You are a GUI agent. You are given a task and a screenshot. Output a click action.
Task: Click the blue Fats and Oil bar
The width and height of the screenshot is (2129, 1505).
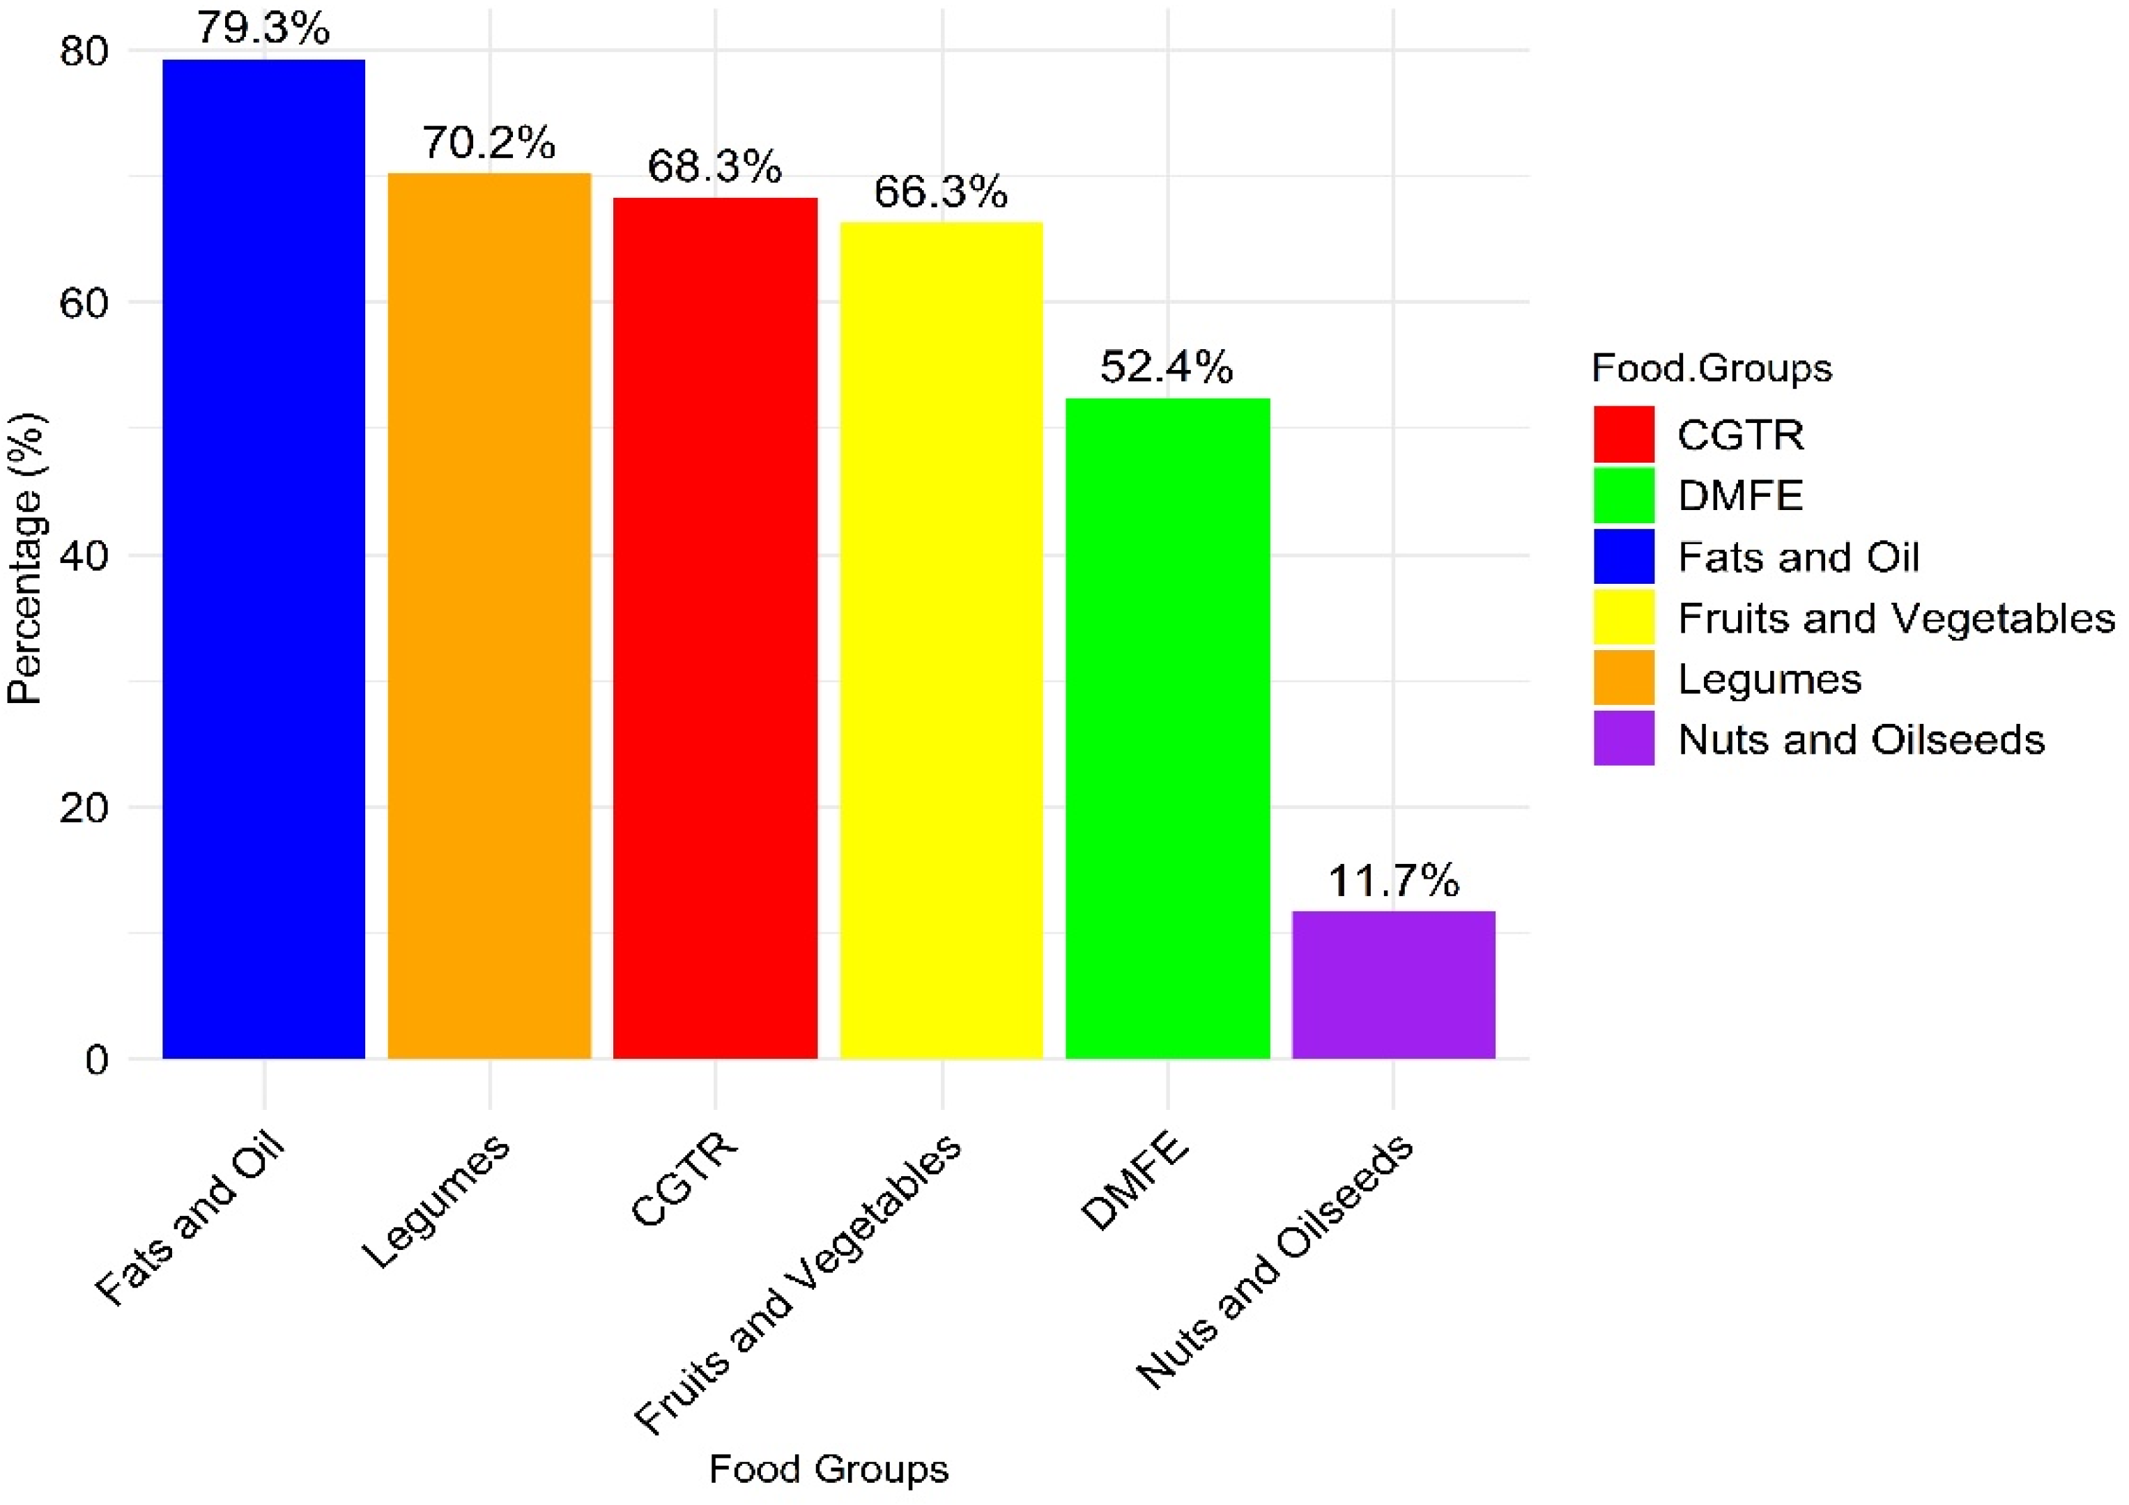pos(263,559)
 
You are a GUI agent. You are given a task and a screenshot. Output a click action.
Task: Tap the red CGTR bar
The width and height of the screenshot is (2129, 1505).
pos(715,628)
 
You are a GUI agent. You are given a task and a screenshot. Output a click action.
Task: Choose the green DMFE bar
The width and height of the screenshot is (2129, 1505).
pos(1167,728)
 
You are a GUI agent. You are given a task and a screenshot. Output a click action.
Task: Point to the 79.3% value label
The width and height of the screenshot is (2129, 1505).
pos(263,28)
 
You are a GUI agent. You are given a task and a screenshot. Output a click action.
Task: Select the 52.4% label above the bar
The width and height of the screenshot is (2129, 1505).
pos(1167,367)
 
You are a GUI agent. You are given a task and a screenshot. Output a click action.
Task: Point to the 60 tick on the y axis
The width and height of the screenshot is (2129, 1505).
pos(84,302)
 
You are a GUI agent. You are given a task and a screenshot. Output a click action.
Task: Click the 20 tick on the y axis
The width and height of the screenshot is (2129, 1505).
pos(84,807)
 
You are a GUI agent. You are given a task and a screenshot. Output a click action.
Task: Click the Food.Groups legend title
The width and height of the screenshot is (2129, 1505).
pos(1712,368)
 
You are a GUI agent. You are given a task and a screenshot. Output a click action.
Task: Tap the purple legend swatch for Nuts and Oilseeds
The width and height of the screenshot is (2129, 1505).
pos(1624,738)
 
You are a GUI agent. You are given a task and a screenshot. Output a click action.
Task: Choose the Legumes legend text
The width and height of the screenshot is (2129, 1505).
pos(1769,679)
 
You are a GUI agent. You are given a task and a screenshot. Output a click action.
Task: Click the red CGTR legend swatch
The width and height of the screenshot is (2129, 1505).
pos(1624,434)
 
